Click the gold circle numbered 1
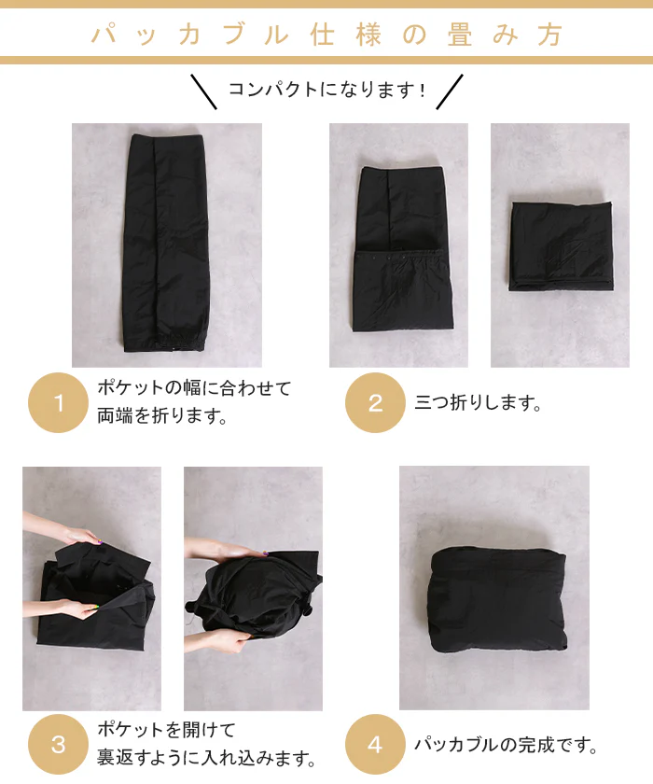(x=58, y=402)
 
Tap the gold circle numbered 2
(x=375, y=402)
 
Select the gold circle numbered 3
(x=58, y=744)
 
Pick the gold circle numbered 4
(x=375, y=744)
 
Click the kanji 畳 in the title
(x=459, y=35)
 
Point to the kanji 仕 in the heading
(x=322, y=35)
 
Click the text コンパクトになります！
(x=327, y=90)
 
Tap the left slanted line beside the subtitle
(x=204, y=91)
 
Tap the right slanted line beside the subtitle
(x=450, y=91)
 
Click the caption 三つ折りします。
(x=479, y=402)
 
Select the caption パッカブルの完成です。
(x=507, y=745)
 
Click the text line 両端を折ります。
(x=162, y=415)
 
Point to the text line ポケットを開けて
(x=166, y=730)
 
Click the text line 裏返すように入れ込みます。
(x=206, y=759)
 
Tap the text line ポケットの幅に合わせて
(x=194, y=387)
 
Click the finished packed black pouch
(x=496, y=600)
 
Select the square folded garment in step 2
(x=561, y=245)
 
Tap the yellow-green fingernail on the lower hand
(x=96, y=608)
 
